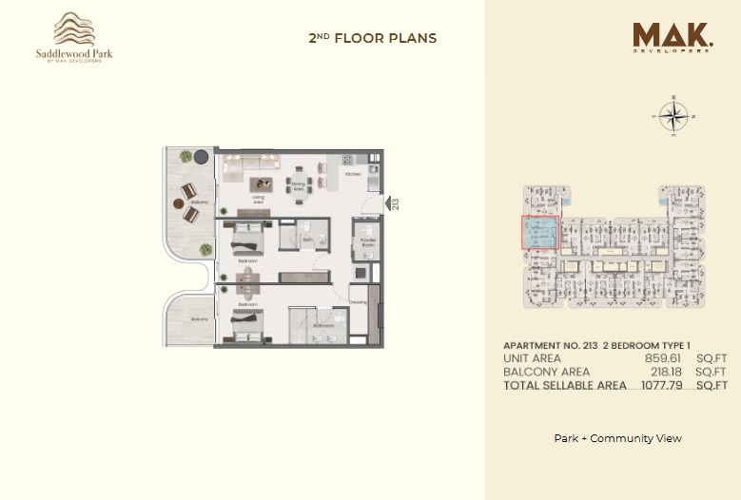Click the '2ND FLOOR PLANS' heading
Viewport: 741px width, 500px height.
tap(372, 39)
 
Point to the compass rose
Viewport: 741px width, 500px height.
tap(673, 117)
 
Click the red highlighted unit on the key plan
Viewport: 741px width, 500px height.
tap(539, 232)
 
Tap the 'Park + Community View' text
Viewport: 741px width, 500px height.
tap(617, 438)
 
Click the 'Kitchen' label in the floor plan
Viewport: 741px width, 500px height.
tap(353, 175)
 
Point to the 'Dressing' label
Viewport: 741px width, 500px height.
tap(358, 302)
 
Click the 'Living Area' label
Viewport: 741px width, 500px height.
tap(258, 200)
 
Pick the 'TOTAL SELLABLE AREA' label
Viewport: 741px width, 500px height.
tap(564, 386)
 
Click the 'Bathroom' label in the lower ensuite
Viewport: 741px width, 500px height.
tap(323, 325)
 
